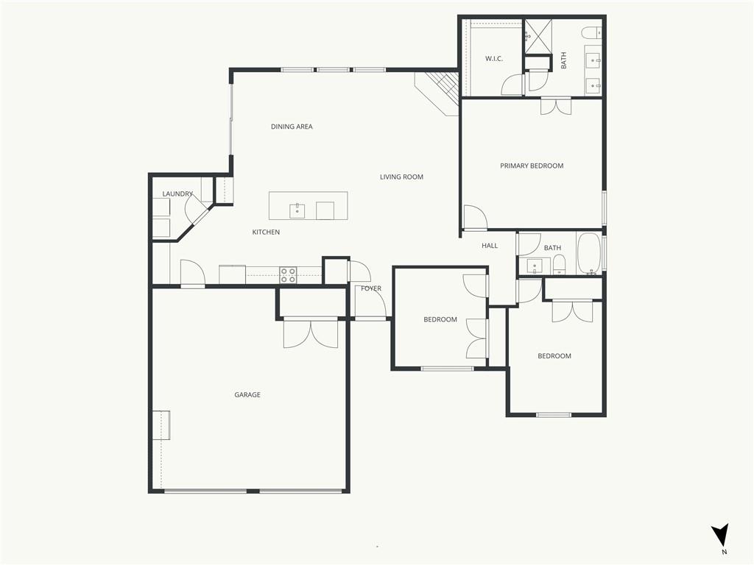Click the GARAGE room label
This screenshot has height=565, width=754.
click(247, 395)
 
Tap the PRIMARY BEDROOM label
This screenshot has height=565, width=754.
click(532, 166)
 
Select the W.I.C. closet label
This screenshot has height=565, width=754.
click(494, 59)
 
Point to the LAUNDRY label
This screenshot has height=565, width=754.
click(177, 193)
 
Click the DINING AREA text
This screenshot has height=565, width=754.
click(292, 127)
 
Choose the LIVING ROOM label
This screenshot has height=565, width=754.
click(401, 177)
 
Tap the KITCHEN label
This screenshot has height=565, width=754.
click(266, 232)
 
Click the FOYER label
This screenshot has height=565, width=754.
click(371, 288)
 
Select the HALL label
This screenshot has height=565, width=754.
click(490, 246)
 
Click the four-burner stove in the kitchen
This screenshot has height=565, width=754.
click(288, 275)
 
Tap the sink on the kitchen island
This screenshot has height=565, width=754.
click(297, 210)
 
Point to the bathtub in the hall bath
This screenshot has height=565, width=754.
click(588, 254)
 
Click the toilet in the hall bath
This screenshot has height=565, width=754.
click(559, 265)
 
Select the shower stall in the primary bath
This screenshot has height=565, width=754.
click(538, 36)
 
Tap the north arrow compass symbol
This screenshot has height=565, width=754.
click(720, 536)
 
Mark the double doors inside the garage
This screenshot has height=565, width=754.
click(311, 333)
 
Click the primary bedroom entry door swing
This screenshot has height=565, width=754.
click(475, 217)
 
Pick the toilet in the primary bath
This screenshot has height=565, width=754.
click(591, 33)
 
